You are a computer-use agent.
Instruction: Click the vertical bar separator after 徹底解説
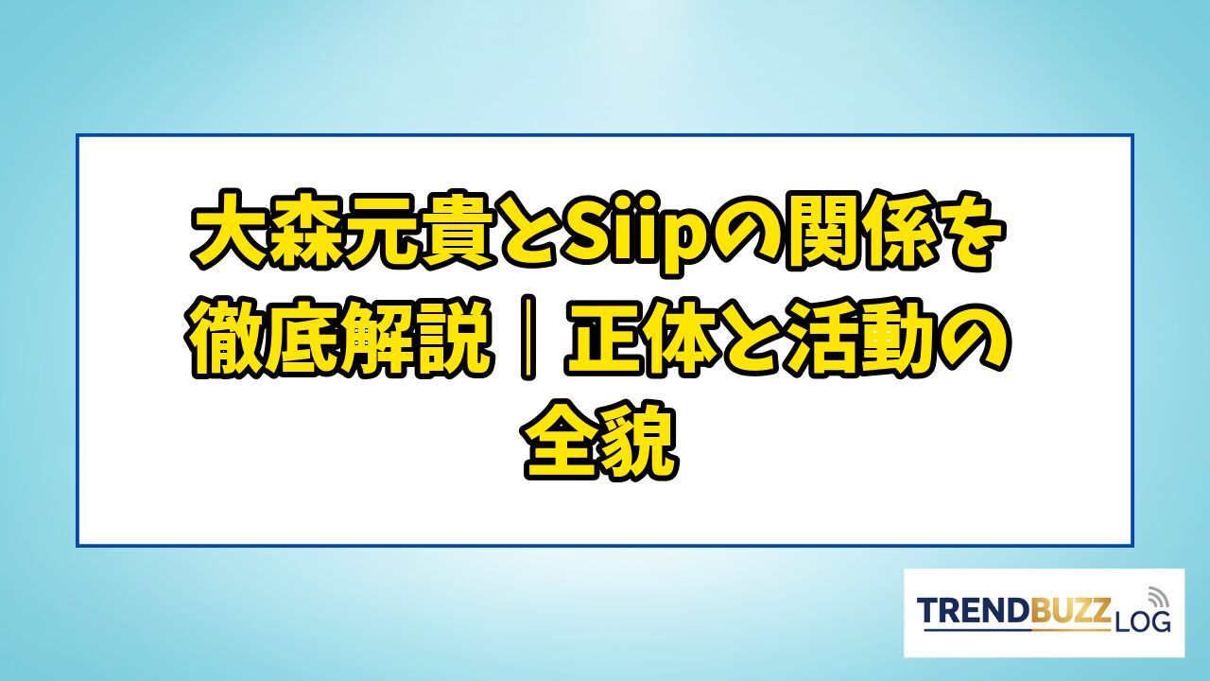(528, 336)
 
